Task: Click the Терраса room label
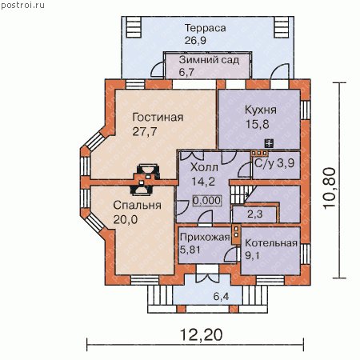(x=205, y=28)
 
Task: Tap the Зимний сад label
(x=209, y=60)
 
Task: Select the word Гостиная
(x=158, y=118)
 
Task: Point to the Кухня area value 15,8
(x=257, y=125)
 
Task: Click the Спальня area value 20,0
(x=126, y=219)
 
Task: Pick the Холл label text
(x=204, y=167)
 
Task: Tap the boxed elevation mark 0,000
(x=206, y=201)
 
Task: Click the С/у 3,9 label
(x=274, y=163)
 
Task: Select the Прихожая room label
(x=205, y=237)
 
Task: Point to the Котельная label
(x=271, y=243)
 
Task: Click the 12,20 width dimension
(x=202, y=334)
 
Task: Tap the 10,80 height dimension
(x=329, y=188)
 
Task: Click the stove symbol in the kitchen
(x=269, y=143)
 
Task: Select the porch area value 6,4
(x=221, y=296)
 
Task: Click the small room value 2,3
(x=255, y=214)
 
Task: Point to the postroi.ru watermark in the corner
(x=22, y=6)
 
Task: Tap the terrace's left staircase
(x=133, y=27)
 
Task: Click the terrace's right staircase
(x=282, y=27)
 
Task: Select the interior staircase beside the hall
(x=242, y=194)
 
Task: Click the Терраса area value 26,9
(x=195, y=41)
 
